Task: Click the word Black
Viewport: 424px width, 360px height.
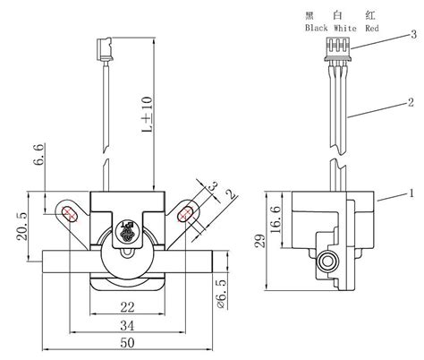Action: click(x=318, y=28)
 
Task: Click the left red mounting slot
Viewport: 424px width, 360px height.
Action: click(x=70, y=212)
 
